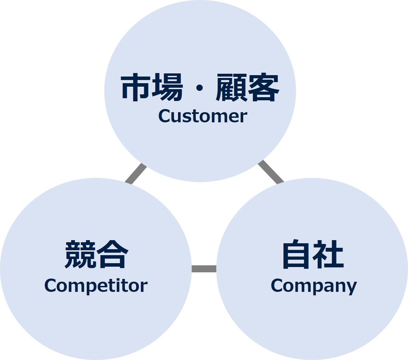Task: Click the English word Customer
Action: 202,116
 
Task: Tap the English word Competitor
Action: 96,286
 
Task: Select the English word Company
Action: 313,286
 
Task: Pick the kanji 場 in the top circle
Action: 168,88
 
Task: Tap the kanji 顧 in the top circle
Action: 232,88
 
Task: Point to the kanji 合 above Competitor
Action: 112,255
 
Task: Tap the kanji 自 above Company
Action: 297,255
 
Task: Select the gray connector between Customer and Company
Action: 271,172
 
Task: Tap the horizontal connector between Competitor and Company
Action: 204,269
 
